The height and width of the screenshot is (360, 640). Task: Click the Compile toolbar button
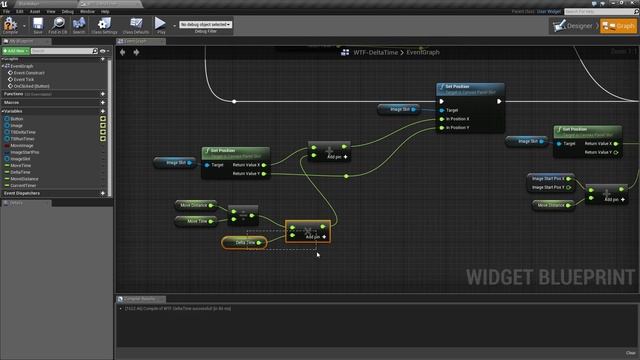point(12,24)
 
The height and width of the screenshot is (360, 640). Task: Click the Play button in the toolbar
point(161,24)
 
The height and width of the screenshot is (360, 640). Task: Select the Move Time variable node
point(198,221)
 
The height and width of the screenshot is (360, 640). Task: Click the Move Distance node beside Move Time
point(194,205)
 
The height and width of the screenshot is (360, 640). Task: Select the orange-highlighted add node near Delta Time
point(307,231)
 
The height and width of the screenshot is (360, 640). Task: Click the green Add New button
point(17,50)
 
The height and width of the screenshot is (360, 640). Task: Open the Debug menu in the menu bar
point(68,11)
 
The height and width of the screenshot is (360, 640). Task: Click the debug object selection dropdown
point(204,24)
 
